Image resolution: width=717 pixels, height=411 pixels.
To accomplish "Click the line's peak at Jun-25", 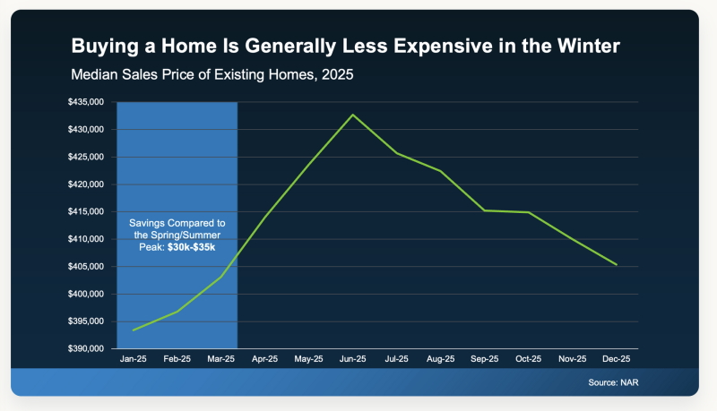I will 352,115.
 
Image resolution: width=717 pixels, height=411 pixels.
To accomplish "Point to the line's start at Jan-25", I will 133,330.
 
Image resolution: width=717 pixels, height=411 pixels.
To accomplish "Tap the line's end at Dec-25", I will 617,265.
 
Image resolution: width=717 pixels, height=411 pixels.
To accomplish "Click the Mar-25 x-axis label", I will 220,359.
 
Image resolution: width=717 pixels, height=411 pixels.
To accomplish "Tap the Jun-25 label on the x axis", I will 352,359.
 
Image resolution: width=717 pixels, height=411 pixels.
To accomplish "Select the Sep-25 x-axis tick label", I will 484,359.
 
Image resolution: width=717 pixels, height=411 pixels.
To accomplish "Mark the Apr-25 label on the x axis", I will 264,359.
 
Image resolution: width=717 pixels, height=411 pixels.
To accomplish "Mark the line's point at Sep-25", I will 484,210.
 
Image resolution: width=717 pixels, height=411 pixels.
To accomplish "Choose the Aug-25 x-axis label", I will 440,359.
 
